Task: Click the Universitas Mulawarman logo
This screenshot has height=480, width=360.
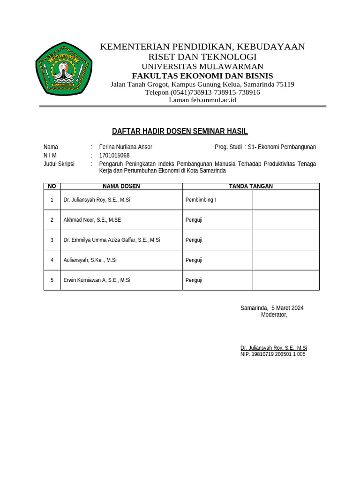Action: pos(64,69)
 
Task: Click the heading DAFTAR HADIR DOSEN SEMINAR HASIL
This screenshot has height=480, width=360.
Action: pos(180,131)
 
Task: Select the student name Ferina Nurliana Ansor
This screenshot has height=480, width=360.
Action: pos(126,147)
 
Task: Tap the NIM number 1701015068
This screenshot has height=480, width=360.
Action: pos(114,156)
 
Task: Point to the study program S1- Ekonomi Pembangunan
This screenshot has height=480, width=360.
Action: pos(282,147)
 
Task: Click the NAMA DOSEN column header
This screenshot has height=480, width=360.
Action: pos(121,187)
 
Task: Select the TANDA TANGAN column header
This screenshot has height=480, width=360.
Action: pos(250,187)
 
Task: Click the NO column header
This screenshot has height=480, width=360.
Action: pos(52,187)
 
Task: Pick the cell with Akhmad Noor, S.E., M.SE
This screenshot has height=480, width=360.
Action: pos(92,220)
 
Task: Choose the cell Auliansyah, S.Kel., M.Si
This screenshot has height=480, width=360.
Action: pos(90,260)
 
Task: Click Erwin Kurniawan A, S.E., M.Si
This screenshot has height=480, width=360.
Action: pos(97,280)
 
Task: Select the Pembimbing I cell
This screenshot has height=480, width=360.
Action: pos(201,200)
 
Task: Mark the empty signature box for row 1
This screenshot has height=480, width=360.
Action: pos(286,200)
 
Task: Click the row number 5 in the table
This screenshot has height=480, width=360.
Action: pos(52,280)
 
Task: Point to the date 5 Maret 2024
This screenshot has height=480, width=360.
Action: pos(287,308)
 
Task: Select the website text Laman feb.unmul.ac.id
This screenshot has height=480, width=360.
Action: pos(202,100)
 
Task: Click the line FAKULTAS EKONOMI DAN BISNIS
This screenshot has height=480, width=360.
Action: pos(202,76)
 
